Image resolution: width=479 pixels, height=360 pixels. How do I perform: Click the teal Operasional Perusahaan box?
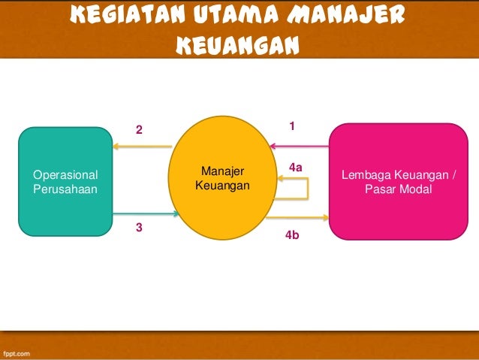65,182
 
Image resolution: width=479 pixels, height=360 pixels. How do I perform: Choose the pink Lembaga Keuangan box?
398,182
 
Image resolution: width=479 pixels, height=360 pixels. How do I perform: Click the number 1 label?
292,125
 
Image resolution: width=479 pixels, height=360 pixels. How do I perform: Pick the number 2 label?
138,130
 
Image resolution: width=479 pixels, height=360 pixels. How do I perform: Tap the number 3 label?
138,226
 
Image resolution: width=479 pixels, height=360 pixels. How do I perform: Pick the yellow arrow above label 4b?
297,218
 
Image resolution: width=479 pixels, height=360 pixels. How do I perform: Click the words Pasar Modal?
398,189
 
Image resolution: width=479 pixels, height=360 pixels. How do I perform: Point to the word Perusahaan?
65,189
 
